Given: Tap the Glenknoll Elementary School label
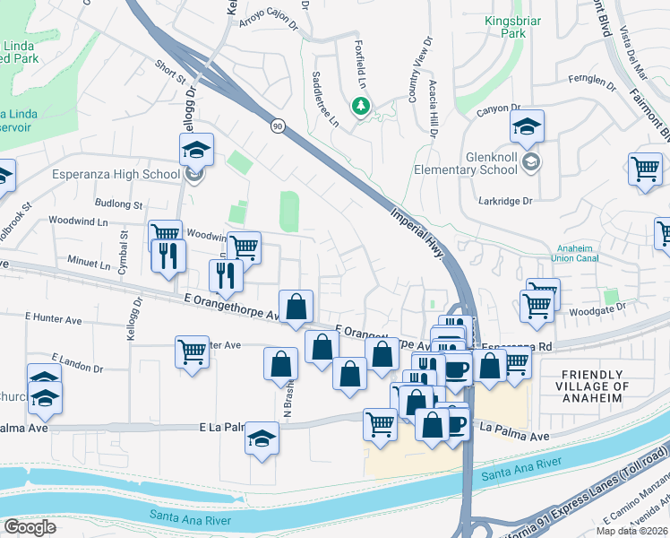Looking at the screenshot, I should (x=465, y=161).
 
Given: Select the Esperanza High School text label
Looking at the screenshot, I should (x=116, y=174).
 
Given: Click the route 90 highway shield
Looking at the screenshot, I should (x=279, y=126).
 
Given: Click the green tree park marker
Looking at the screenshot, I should (x=361, y=107).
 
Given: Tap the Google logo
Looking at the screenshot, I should (x=30, y=526).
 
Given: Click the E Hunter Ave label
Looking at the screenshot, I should (x=54, y=317).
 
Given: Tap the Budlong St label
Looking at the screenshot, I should (x=119, y=205).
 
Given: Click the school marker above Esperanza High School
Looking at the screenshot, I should (x=196, y=149).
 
